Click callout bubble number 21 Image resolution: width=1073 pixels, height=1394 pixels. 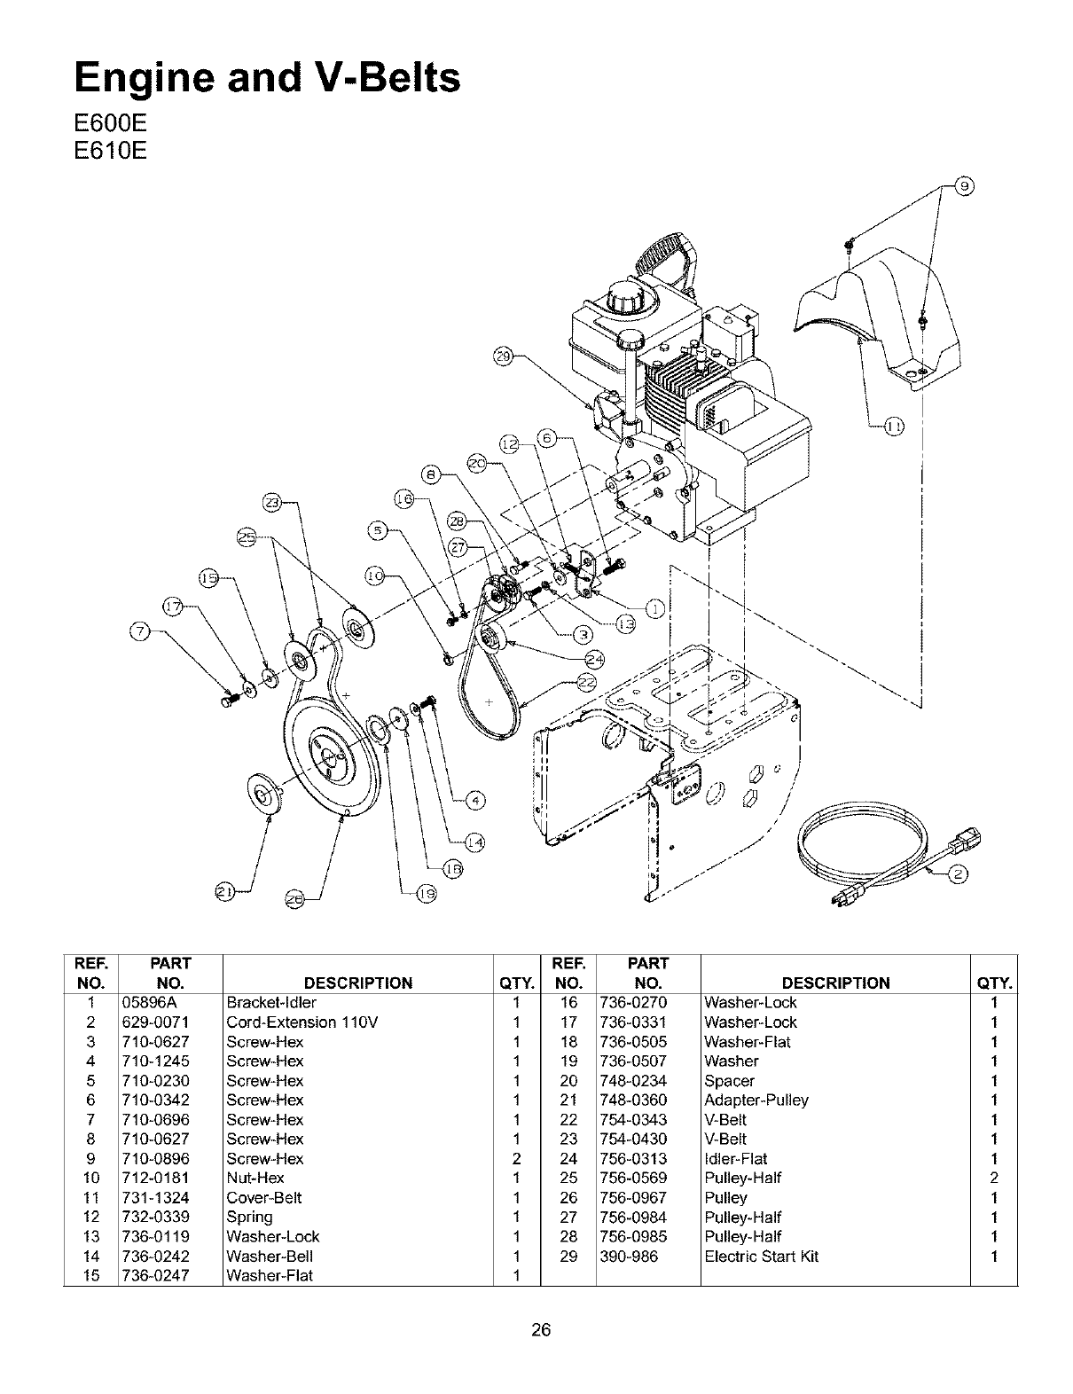click(x=226, y=890)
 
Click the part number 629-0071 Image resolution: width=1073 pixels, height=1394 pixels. click(x=153, y=1022)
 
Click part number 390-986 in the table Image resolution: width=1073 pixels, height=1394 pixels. click(x=629, y=1257)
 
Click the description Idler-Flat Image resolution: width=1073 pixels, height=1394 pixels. click(x=735, y=1159)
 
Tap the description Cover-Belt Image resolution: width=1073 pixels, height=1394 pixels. click(x=263, y=1198)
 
